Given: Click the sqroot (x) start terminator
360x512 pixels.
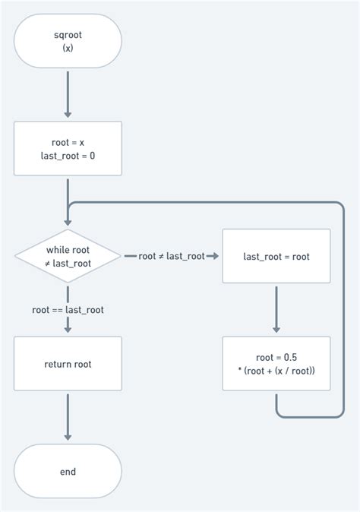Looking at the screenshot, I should coord(68,41).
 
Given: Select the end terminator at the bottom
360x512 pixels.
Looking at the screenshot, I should coord(68,472).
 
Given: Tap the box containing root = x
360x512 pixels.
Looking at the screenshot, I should coord(68,149).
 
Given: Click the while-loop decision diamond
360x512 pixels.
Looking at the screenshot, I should coord(68,256).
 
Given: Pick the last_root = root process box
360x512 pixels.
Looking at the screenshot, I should coord(276,256).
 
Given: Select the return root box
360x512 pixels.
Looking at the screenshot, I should coord(68,364).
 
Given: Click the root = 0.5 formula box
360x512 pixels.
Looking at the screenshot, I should coord(276,364).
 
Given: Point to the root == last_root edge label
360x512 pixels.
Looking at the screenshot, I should coord(68,309).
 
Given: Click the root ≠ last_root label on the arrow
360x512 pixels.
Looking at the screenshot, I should coord(172,256).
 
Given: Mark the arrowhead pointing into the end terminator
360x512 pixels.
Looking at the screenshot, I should coord(68,437).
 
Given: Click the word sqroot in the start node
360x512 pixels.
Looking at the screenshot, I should coord(68,35).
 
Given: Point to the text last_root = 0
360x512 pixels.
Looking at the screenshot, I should coord(68,156).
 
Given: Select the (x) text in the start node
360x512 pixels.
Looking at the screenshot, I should coord(68,48).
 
